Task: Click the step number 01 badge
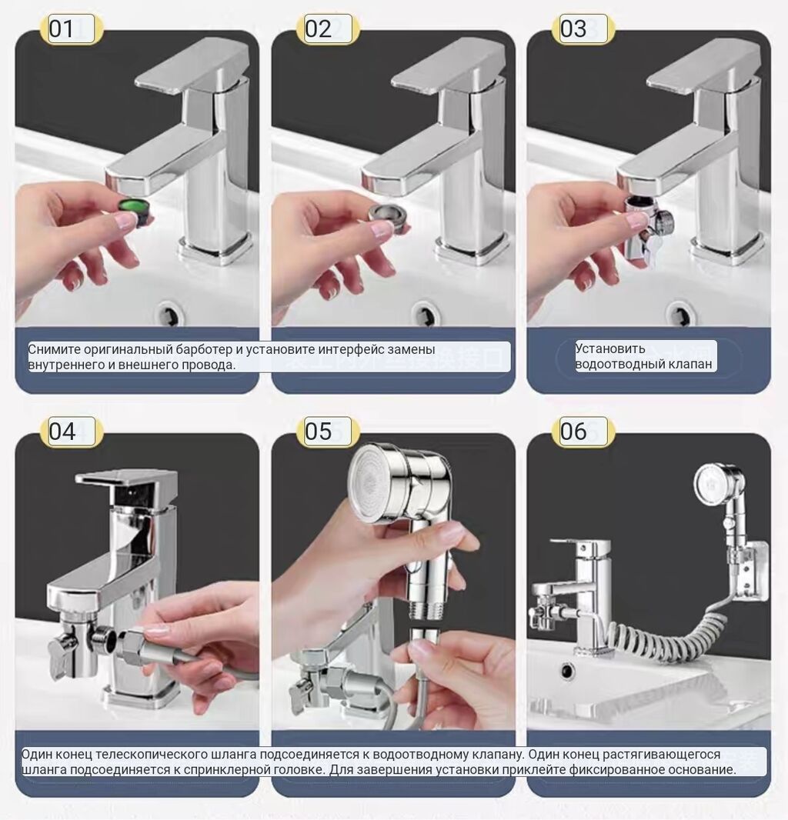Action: (71, 28)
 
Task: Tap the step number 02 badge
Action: (328, 28)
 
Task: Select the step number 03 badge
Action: (583, 28)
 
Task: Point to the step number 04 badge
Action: (71, 432)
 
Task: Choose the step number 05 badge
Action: (328, 432)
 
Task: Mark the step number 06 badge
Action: (583, 432)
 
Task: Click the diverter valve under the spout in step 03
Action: (646, 228)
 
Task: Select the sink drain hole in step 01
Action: (170, 314)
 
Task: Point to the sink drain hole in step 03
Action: (681, 314)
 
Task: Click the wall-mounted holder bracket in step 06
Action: (752, 571)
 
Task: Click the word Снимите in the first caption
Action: (54, 349)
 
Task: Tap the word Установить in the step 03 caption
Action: (610, 348)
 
